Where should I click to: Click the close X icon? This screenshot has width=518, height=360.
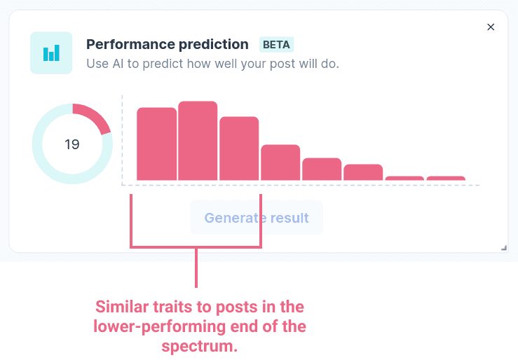tap(491, 27)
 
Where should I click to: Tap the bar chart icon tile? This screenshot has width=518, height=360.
tap(51, 53)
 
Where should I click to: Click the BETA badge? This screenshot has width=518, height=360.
tap(276, 45)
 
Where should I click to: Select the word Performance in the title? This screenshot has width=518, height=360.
tap(130, 44)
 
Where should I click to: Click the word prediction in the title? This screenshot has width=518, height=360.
tap(213, 45)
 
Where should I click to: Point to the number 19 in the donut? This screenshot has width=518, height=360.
tap(72, 144)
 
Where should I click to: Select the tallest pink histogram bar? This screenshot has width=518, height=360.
tap(198, 141)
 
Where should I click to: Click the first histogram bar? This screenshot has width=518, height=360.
tap(156, 144)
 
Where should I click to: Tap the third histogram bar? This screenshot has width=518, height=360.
tap(239, 148)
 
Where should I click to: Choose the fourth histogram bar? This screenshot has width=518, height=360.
tap(280, 162)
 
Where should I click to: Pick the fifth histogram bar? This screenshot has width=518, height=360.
tap(322, 169)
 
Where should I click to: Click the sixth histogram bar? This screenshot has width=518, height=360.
tap(363, 172)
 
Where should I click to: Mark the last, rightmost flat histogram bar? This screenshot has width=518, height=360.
tap(446, 178)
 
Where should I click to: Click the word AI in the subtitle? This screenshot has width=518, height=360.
tap(118, 64)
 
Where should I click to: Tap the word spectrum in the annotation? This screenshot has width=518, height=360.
tap(200, 347)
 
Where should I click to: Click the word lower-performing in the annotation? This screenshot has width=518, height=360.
tap(159, 326)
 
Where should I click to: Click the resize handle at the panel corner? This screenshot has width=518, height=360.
tap(504, 248)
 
